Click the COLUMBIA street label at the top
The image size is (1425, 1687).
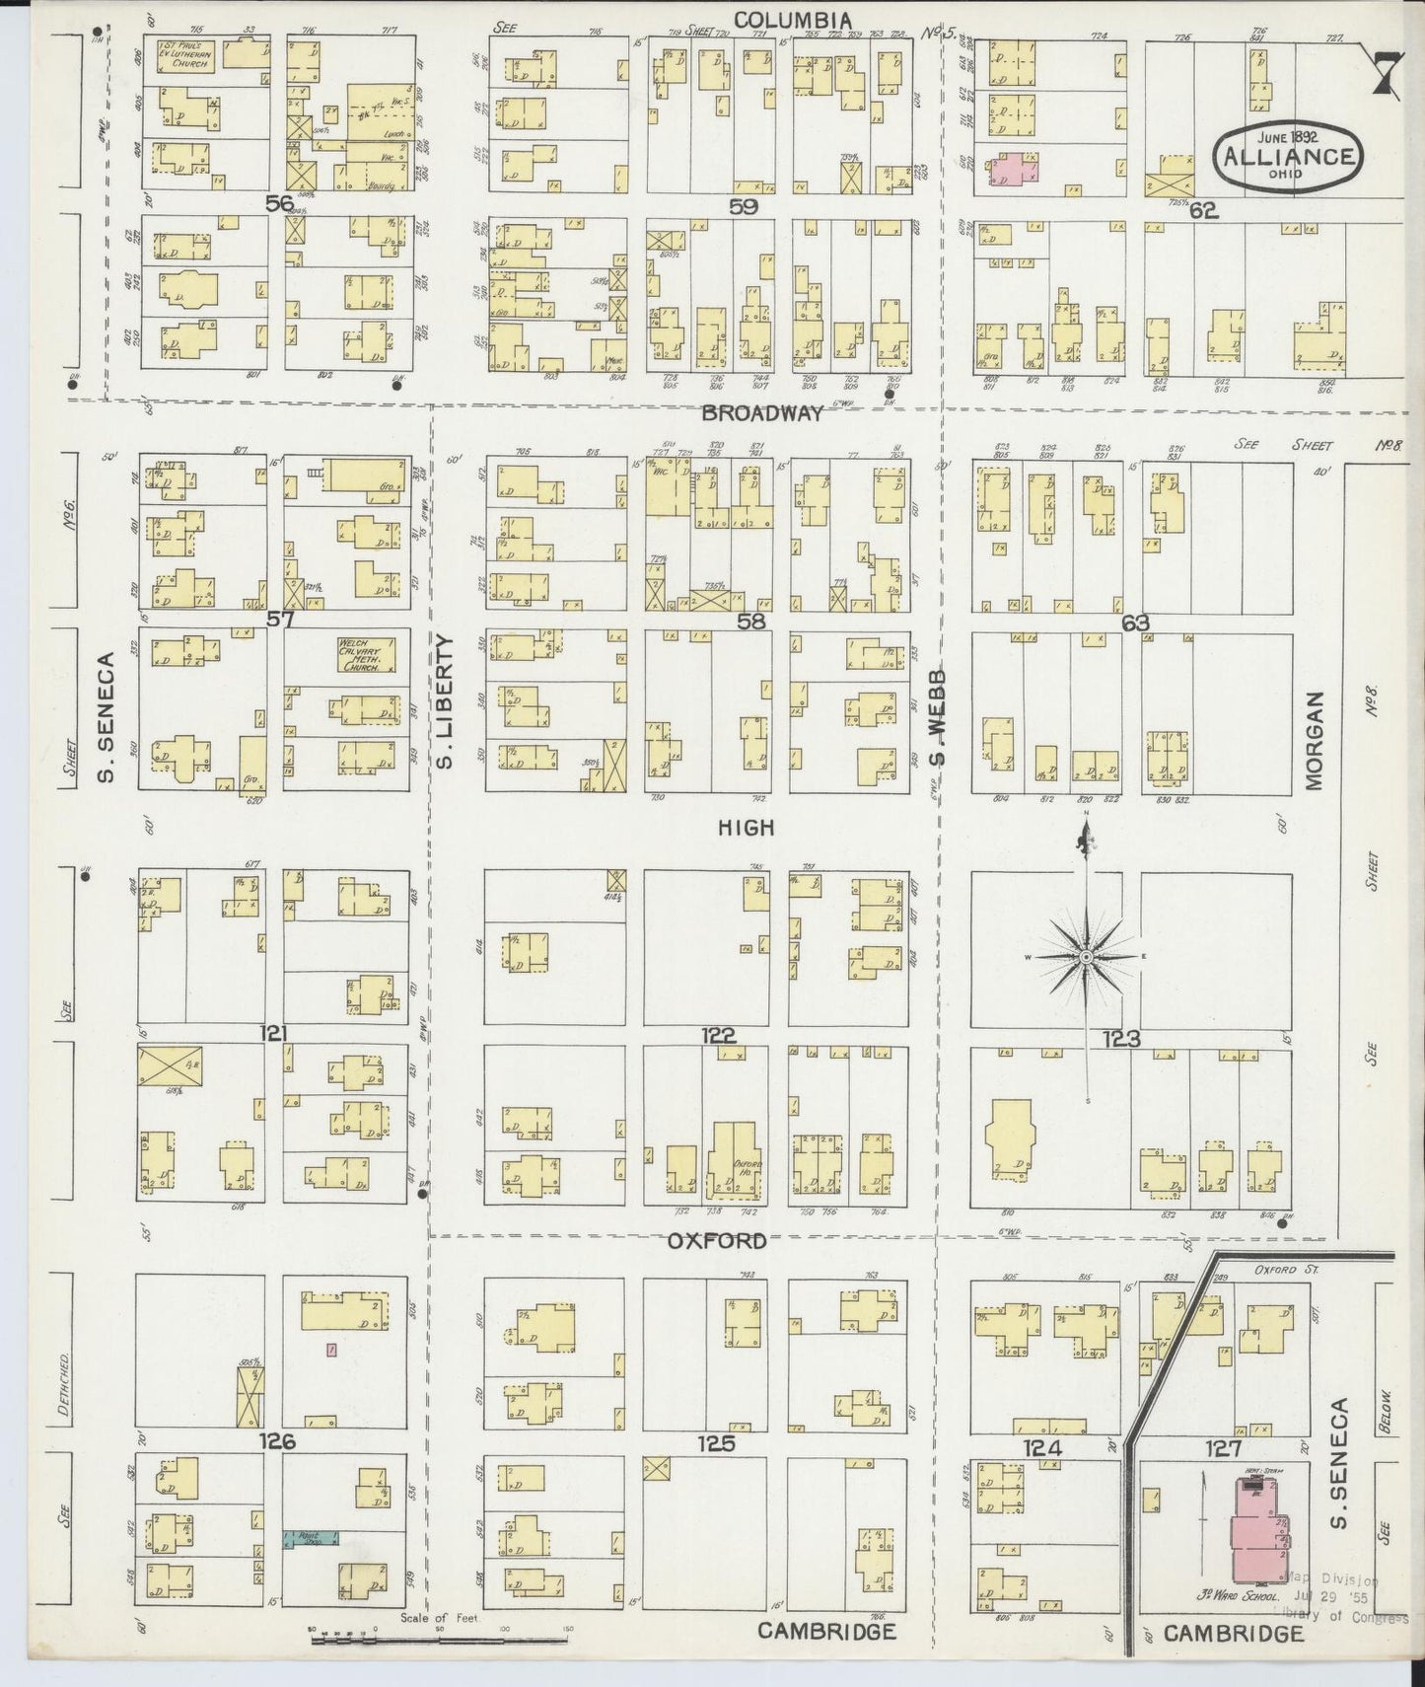click(x=792, y=19)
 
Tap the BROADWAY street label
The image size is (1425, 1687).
click(x=761, y=414)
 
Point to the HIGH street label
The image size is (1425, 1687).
click(x=746, y=829)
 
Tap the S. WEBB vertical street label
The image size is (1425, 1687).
click(x=938, y=717)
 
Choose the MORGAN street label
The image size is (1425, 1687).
click(x=1313, y=740)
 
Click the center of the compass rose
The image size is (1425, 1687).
click(x=1086, y=957)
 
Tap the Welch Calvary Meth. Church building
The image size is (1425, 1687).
click(x=367, y=654)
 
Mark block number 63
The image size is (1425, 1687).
click(x=1135, y=623)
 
